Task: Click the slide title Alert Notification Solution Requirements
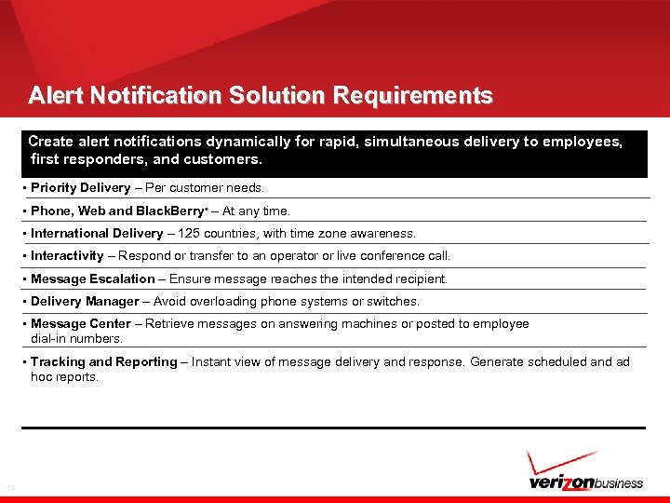coord(261,96)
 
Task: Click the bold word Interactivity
coord(67,256)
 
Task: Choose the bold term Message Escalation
coord(93,279)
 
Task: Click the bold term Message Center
coord(81,324)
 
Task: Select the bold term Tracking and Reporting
coord(103,361)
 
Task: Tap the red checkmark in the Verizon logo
coord(558,463)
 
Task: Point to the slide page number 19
coord(11,488)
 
